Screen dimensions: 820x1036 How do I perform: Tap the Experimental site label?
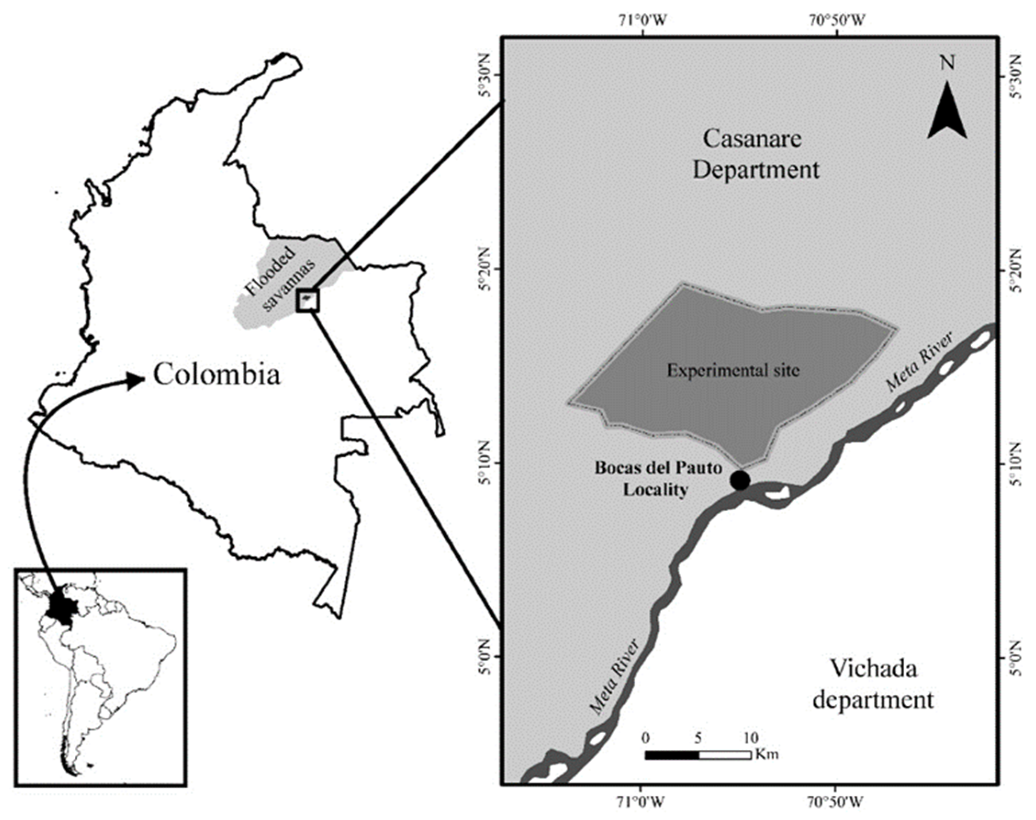tap(733, 371)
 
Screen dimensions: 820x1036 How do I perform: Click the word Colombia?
tap(217, 374)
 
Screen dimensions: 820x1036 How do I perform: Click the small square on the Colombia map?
tap(308, 301)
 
